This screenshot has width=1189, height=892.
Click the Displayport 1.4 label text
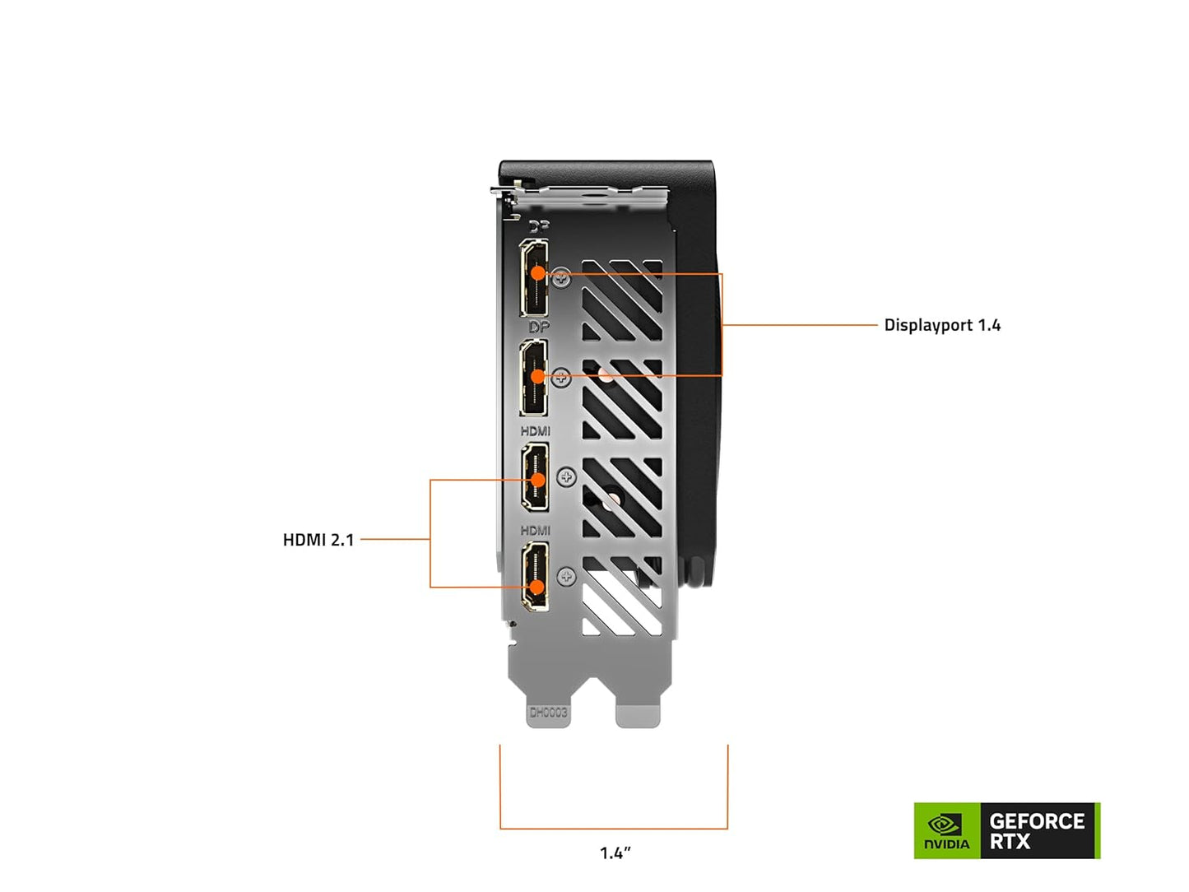(942, 325)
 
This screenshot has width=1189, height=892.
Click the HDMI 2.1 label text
(318, 540)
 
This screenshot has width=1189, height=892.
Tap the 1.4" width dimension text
(615, 853)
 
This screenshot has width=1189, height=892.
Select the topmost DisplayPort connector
(535, 278)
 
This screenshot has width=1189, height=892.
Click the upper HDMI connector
(536, 477)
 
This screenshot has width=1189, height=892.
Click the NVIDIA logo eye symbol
(945, 824)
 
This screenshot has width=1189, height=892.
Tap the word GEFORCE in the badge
(1037, 821)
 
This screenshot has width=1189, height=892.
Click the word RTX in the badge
(1010, 842)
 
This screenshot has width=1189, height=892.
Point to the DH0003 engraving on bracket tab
(548, 713)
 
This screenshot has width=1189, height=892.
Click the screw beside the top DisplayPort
(562, 278)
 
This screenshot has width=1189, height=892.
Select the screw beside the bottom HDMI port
(566, 577)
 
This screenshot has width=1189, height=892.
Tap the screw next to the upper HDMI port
(567, 477)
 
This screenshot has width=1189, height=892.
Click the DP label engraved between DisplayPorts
(539, 328)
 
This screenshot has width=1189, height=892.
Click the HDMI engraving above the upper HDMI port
(536, 431)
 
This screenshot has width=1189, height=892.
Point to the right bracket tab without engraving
(638, 714)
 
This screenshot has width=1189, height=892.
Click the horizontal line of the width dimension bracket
(614, 828)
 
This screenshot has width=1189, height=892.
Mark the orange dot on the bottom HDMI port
(536, 587)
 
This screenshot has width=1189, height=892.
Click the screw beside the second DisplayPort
(561, 378)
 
